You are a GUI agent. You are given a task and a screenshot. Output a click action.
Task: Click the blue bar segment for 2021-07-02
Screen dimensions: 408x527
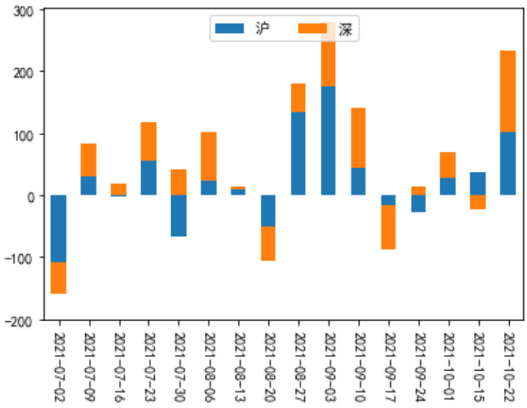[x=58, y=229]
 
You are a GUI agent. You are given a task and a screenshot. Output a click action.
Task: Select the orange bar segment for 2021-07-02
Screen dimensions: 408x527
[x=58, y=278]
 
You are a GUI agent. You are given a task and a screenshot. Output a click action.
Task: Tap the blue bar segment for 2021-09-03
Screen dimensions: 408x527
[x=328, y=140]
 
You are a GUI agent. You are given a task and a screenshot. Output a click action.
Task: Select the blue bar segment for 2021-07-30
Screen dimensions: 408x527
[x=178, y=216]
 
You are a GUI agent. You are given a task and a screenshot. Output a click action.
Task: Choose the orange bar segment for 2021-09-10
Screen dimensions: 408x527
[x=358, y=137]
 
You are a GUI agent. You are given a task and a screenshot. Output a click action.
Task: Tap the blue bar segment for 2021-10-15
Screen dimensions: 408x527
[x=478, y=184]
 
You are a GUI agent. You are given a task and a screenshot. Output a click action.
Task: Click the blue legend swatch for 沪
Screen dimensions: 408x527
[x=229, y=28]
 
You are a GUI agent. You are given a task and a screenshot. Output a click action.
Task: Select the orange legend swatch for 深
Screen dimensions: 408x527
[x=312, y=28]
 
